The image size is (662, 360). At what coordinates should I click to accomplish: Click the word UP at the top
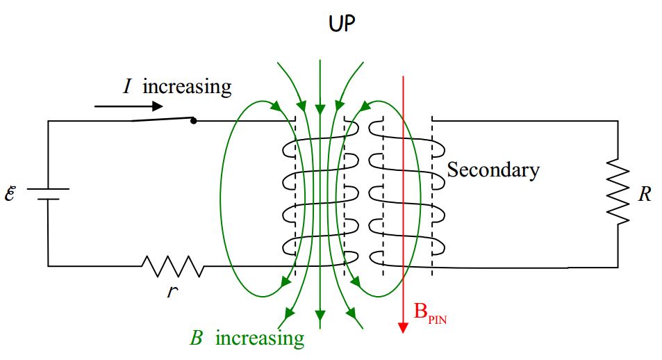point(342,25)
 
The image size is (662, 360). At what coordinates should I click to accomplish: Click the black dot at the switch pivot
point(193,121)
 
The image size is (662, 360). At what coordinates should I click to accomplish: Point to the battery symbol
point(48,193)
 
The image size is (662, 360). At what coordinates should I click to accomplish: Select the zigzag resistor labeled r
point(172,265)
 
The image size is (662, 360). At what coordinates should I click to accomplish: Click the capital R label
point(645,194)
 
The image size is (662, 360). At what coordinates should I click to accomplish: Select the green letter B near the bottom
point(197,338)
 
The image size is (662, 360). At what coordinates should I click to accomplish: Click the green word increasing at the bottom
point(259,338)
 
